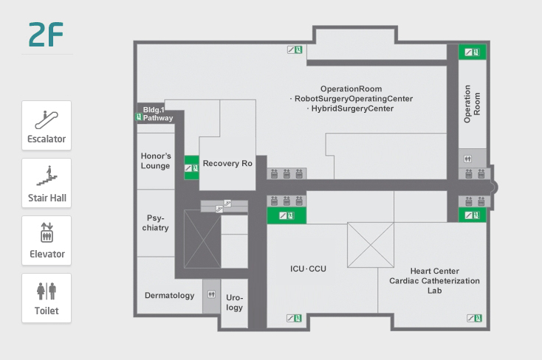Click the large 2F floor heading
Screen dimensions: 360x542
(x=46, y=35)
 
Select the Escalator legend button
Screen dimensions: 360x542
(x=47, y=125)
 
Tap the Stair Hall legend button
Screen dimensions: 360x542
(x=47, y=182)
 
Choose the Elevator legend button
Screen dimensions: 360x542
(x=47, y=240)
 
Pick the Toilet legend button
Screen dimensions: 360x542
(x=47, y=297)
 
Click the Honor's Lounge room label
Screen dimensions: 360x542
(x=155, y=161)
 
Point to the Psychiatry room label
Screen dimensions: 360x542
(x=155, y=223)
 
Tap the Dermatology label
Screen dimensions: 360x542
(x=169, y=296)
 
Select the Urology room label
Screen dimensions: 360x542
(x=234, y=302)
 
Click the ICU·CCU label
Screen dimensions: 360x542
(x=308, y=269)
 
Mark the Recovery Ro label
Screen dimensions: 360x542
(x=228, y=164)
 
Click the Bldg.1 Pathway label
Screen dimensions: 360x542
(x=157, y=114)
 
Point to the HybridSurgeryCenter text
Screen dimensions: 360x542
(x=352, y=108)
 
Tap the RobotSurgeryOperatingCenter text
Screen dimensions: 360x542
(x=352, y=99)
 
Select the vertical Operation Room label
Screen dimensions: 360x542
(x=472, y=103)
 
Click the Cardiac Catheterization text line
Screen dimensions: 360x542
(x=435, y=281)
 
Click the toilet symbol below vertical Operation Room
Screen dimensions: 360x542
(x=467, y=158)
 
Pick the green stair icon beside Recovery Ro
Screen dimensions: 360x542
(x=191, y=168)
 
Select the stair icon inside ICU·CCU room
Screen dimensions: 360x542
(x=294, y=319)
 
